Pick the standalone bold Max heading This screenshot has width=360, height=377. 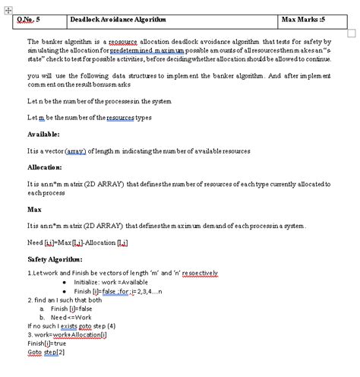coord(34,208)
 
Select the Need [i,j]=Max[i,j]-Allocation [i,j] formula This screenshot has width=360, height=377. coord(77,242)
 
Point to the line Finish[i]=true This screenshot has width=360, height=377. coord(46,343)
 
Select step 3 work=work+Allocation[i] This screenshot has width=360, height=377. coord(67,334)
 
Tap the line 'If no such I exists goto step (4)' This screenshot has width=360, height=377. coord(71,325)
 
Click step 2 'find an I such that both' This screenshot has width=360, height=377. coord(65,299)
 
